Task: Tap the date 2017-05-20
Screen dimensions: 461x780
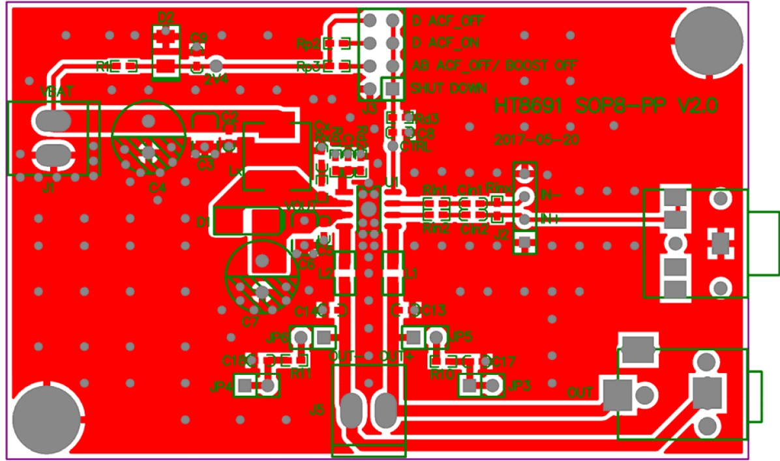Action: [x=537, y=139]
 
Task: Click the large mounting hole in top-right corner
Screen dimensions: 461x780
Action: [x=709, y=38]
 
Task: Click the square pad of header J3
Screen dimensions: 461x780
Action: [x=391, y=87]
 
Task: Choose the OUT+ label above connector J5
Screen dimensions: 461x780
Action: [x=397, y=357]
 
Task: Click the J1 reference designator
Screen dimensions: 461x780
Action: [x=48, y=188]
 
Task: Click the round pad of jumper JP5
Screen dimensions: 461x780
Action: [x=436, y=337]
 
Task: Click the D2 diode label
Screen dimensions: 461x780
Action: [x=166, y=18]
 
